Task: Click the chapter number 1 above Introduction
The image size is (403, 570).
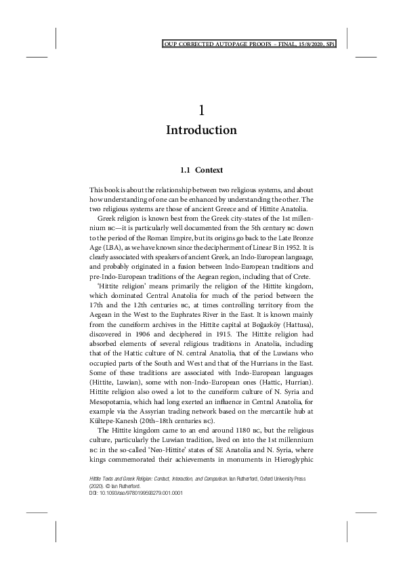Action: (x=201, y=109)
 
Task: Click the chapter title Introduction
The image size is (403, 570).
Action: (x=201, y=130)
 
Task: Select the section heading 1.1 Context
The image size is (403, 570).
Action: (x=201, y=169)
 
